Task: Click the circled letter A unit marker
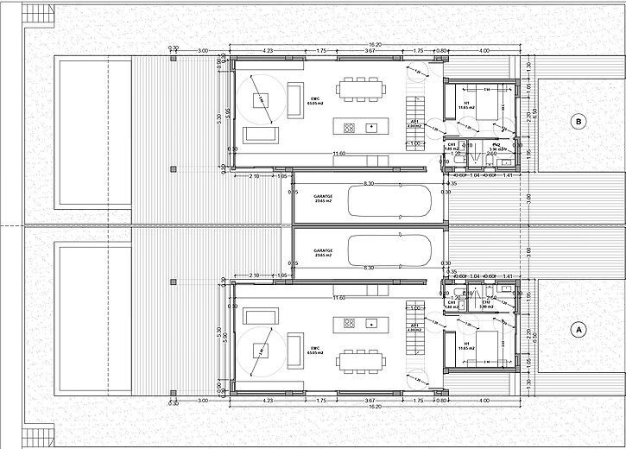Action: click(578, 328)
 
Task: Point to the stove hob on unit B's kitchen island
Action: click(349, 128)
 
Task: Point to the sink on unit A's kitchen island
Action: click(371, 323)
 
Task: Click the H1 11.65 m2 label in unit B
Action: click(467, 104)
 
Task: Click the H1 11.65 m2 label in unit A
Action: click(467, 345)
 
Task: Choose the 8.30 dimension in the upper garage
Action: click(370, 184)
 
